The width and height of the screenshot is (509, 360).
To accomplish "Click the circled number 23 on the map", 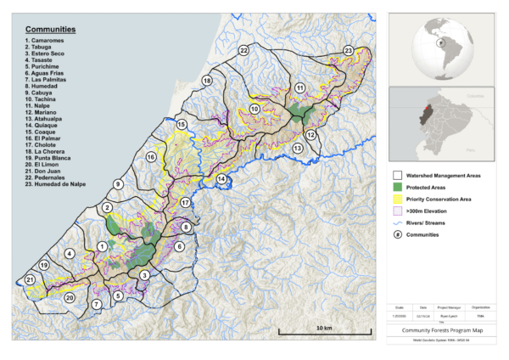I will (x=349, y=51).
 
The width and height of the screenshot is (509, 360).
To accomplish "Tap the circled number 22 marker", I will (x=243, y=51).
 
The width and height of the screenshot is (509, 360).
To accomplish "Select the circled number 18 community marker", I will (x=207, y=80).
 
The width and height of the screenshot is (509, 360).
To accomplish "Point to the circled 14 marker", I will (x=221, y=179).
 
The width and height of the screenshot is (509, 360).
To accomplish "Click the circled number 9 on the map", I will (x=118, y=184).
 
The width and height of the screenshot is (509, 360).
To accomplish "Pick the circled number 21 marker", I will (x=30, y=279).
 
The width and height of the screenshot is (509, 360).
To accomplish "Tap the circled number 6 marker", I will (x=179, y=246).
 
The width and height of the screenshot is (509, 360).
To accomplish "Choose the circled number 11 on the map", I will (x=299, y=87).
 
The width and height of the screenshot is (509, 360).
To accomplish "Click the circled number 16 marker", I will (x=151, y=157).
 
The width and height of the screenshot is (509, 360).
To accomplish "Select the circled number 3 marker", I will (x=145, y=275).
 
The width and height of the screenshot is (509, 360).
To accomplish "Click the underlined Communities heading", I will (x=51, y=29).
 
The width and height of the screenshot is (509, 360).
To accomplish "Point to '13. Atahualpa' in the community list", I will (x=51, y=119).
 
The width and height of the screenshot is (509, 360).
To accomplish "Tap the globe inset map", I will (x=440, y=43).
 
